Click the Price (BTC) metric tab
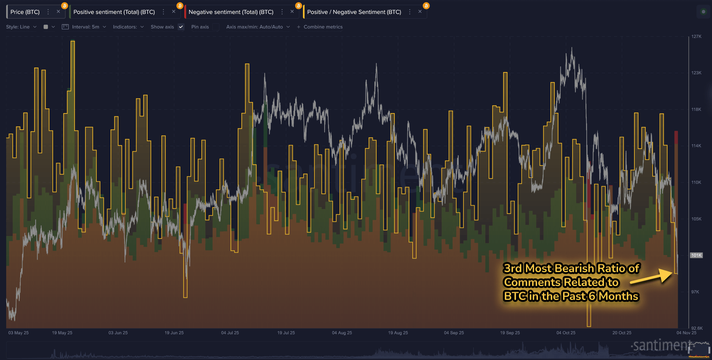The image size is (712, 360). pyautogui.click(x=25, y=12)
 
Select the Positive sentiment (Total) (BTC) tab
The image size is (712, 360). pyautogui.click(x=114, y=12)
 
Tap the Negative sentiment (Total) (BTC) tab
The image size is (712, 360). pyautogui.click(x=231, y=12)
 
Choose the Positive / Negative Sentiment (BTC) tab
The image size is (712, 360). pyautogui.click(x=354, y=12)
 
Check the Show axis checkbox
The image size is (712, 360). pyautogui.click(x=181, y=27)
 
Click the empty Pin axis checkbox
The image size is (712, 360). pyautogui.click(x=216, y=27)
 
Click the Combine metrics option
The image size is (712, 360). pyautogui.click(x=323, y=27)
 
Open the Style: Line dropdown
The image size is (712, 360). pyautogui.click(x=21, y=27)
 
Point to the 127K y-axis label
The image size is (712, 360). pyautogui.click(x=696, y=36)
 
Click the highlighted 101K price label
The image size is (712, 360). pyautogui.click(x=696, y=255)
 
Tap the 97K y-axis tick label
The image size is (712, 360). pyautogui.click(x=695, y=292)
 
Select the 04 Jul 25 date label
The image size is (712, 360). pyautogui.click(x=230, y=333)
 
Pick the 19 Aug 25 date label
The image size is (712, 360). pyautogui.click(x=398, y=333)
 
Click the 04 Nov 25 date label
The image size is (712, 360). pyautogui.click(x=686, y=333)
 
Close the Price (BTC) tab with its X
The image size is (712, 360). pyautogui.click(x=58, y=12)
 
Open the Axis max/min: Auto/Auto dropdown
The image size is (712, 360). pyautogui.click(x=258, y=27)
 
